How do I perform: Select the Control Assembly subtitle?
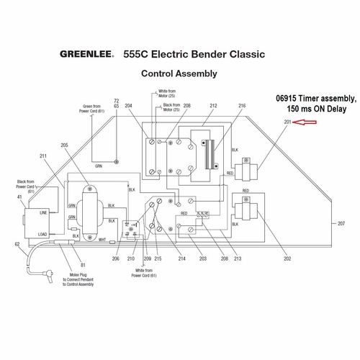click(x=179, y=73)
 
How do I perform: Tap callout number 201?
click(x=288, y=123)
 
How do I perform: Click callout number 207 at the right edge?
click(x=341, y=224)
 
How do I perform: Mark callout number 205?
click(x=65, y=145)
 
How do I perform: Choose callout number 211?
click(x=43, y=156)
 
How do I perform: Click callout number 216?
click(x=242, y=106)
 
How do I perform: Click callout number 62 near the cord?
click(x=17, y=245)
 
